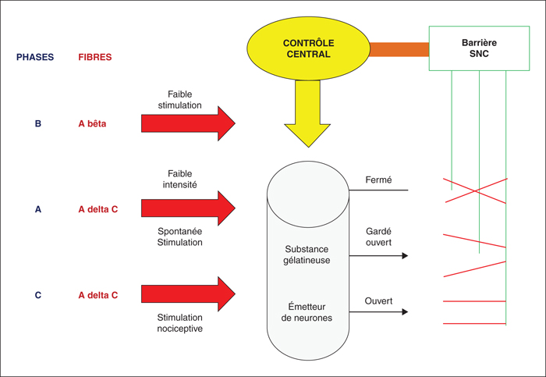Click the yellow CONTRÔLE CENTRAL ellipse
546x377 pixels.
click(x=308, y=48)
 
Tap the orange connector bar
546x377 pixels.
click(x=399, y=49)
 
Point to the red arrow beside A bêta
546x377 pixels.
click(x=188, y=123)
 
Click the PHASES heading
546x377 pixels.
click(x=35, y=57)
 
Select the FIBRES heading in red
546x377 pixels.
click(x=94, y=57)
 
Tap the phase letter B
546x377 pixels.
click(x=38, y=123)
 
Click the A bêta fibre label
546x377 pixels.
click(x=92, y=123)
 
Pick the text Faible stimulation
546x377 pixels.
click(x=179, y=100)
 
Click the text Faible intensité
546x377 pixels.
click(x=179, y=179)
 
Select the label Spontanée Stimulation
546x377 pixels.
click(x=179, y=237)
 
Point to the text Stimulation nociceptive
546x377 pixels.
click(x=179, y=323)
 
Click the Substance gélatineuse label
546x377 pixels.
click(x=307, y=254)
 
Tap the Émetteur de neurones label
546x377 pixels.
click(x=307, y=312)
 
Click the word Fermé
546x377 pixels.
click(x=378, y=180)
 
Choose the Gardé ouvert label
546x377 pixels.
click(x=378, y=237)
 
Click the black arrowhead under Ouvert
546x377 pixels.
click(x=405, y=311)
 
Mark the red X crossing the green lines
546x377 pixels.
click(x=475, y=190)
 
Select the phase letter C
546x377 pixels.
click(x=38, y=295)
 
